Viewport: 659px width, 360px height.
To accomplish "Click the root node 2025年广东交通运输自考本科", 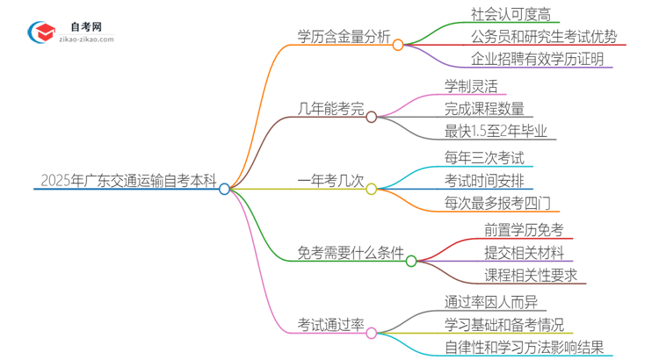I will click(x=128, y=181).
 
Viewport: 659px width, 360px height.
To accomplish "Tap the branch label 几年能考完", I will click(x=330, y=110).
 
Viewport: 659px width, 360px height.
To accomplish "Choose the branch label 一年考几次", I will click(x=330, y=182).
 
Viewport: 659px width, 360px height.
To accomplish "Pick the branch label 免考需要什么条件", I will click(x=351, y=254).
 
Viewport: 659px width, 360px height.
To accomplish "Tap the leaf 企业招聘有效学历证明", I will click(x=530, y=61).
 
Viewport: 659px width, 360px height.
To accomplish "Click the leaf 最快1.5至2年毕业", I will click(x=496, y=132).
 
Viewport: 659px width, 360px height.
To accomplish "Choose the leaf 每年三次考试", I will click(x=484, y=158).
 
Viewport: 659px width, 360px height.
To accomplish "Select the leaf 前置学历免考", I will click(x=524, y=230).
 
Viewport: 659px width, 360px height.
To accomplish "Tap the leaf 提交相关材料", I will click(x=524, y=253).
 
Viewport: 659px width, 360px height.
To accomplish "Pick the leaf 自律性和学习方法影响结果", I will click(x=524, y=348).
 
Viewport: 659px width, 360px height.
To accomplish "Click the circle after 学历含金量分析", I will click(x=397, y=44).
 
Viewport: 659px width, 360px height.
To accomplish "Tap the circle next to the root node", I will click(x=225, y=188).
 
